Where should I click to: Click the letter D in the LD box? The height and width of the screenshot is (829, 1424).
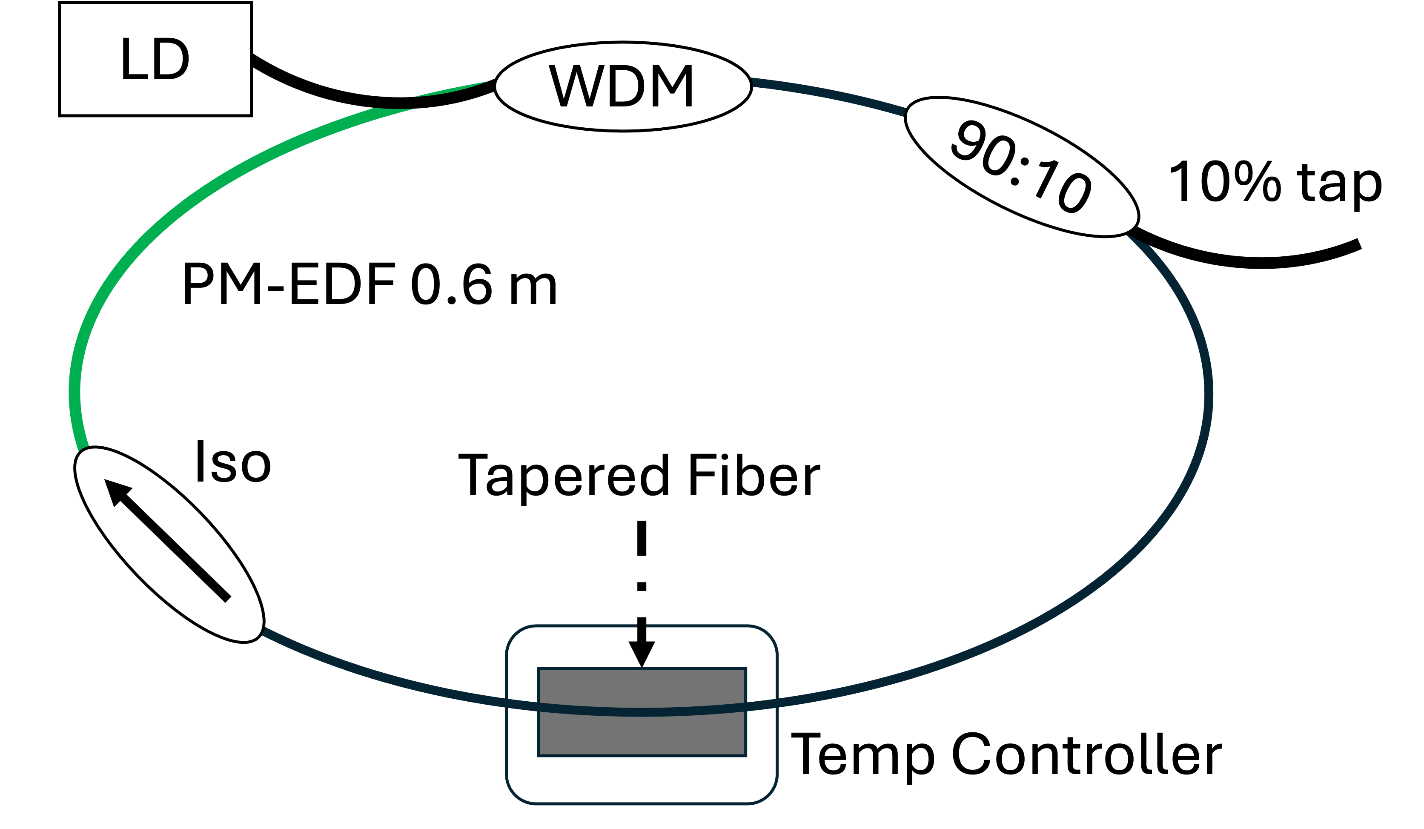pos(171,59)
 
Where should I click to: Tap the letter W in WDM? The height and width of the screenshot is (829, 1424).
pos(576,86)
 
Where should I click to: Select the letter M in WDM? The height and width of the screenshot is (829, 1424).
pos(673,86)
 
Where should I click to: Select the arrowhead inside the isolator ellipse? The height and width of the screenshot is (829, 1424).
pos(116,491)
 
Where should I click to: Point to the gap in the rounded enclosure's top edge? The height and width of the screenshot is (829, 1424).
pos(642,626)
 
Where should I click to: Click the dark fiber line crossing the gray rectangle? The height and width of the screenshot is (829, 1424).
pos(642,712)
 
